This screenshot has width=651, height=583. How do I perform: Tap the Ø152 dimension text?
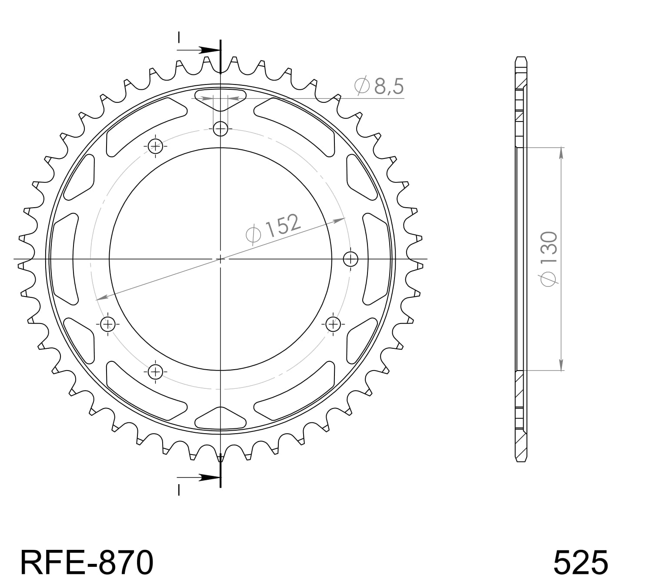pyautogui.click(x=273, y=228)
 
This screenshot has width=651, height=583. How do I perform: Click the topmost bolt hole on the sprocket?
pyautogui.click(x=220, y=128)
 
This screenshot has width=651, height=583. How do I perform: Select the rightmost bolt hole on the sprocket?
pyautogui.click(x=351, y=259)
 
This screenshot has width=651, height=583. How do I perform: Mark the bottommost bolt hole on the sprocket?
pyautogui.click(x=155, y=371)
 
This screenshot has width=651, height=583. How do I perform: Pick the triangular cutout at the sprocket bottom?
pyautogui.click(x=220, y=418)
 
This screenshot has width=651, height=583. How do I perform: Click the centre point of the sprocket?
pyautogui.click(x=220, y=259)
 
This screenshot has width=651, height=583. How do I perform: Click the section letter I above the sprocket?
pyautogui.click(x=178, y=37)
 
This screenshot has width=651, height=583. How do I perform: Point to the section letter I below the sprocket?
pyautogui.click(x=178, y=490)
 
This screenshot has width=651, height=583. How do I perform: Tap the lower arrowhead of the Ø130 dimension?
pyautogui.click(x=561, y=365)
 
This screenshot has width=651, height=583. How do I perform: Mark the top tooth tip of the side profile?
pyautogui.click(x=521, y=58)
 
